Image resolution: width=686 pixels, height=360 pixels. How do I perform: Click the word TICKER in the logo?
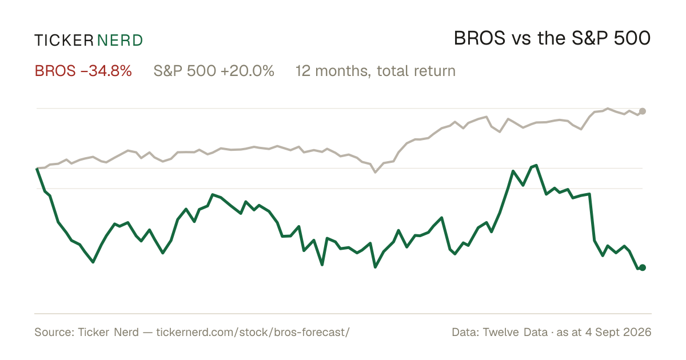pos(64,41)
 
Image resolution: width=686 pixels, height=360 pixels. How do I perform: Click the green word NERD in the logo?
pos(119,41)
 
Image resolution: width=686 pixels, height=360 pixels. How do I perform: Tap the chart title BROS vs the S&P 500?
pos(552,38)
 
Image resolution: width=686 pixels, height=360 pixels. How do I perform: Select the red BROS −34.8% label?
pos(83,71)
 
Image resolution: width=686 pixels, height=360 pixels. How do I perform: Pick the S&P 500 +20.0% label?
pos(214,71)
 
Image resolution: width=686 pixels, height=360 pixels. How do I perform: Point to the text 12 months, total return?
pos(376,71)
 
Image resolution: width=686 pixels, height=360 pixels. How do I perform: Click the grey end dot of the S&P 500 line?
pos(643,111)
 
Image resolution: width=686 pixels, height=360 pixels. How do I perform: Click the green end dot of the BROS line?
pos(643,267)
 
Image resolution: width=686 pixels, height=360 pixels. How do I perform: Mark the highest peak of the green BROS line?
pos(536,166)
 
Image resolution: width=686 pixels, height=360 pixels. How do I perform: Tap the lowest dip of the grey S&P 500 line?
pos(376,173)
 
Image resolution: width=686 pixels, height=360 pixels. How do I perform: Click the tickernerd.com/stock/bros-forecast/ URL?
pos(253,332)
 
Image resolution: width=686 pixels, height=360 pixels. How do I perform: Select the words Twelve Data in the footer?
pos(515,332)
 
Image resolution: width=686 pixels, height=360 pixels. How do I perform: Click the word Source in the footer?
pos(53,332)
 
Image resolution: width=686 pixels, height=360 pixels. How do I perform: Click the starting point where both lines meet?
pos(37,169)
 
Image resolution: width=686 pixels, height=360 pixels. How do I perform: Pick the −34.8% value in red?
pos(106,71)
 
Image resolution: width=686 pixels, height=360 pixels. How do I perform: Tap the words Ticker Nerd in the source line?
pos(108,332)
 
